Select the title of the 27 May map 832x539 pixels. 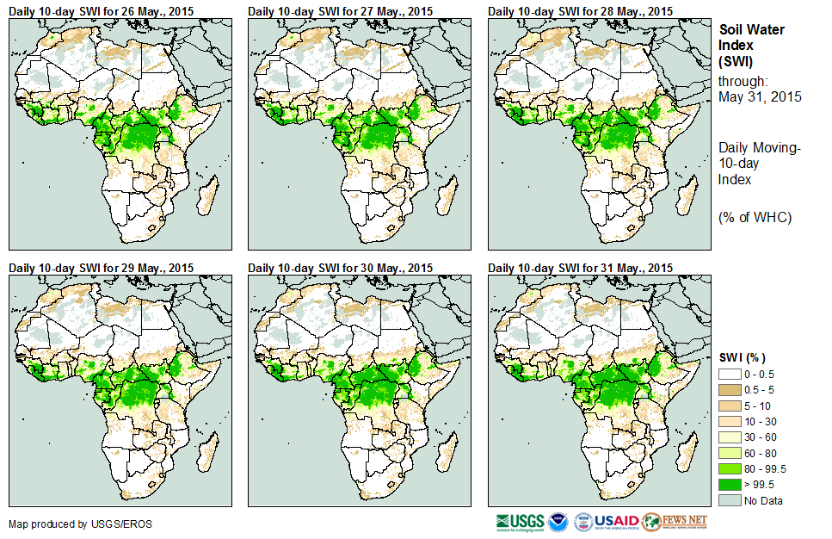(341, 10)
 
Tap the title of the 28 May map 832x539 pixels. (581, 10)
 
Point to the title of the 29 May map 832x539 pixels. (102, 267)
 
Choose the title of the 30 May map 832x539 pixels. (341, 267)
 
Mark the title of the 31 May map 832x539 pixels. (581, 267)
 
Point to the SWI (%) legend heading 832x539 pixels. (742, 357)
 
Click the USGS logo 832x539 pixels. (520, 522)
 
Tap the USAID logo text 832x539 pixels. (616, 521)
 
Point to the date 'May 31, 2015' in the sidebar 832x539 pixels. (760, 97)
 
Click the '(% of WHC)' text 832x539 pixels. (755, 217)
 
